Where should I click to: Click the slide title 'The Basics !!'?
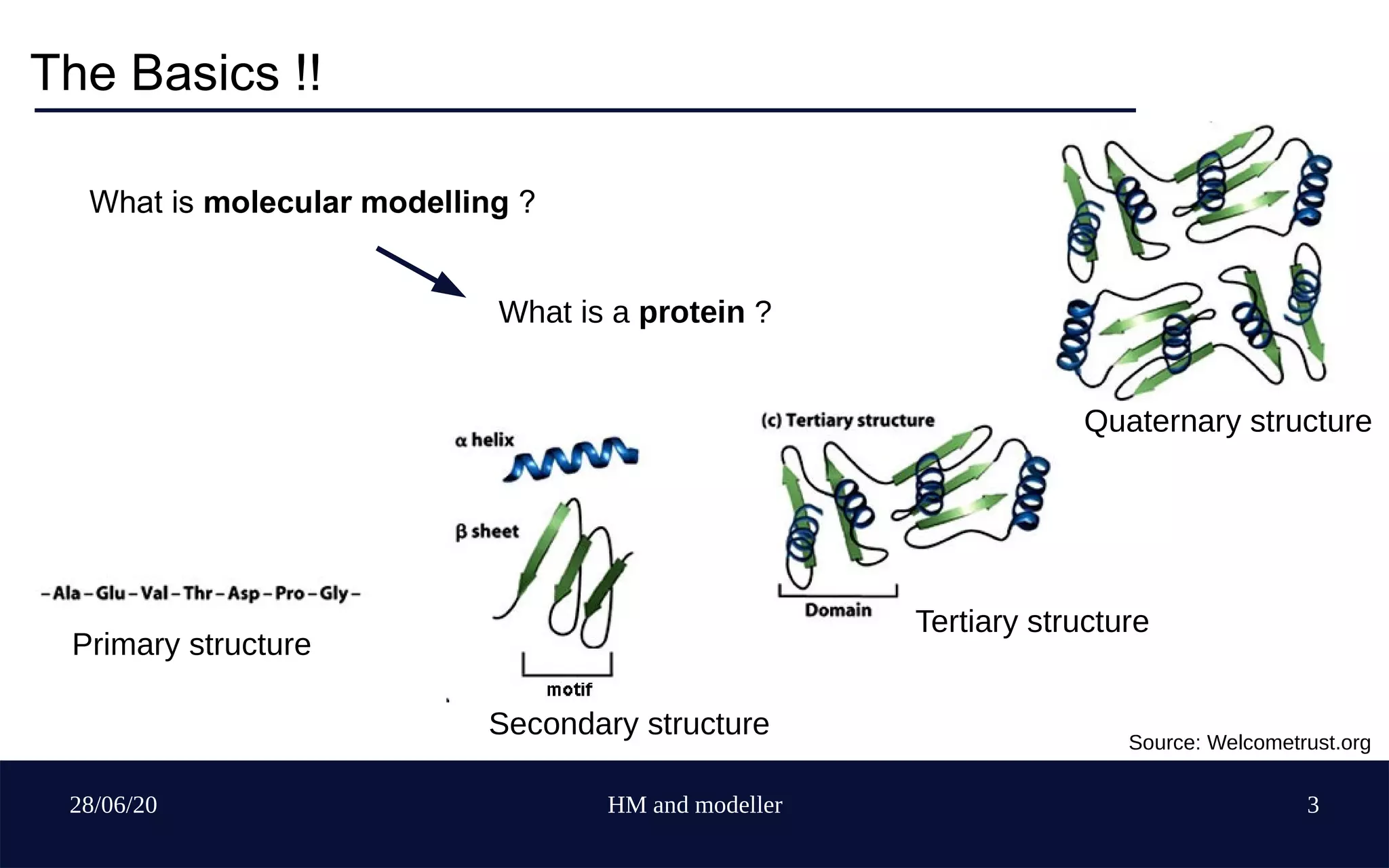click(175, 73)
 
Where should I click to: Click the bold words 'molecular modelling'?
click(355, 202)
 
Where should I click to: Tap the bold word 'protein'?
click(691, 313)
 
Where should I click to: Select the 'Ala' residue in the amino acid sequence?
click(66, 593)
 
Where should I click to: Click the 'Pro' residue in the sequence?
click(290, 593)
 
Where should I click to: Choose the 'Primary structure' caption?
click(191, 644)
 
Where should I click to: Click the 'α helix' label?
click(484, 440)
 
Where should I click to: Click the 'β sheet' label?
click(487, 531)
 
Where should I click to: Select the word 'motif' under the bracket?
click(569, 690)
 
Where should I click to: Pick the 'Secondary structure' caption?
click(629, 724)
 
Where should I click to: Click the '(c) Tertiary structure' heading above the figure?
click(848, 420)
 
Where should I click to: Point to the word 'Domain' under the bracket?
click(838, 610)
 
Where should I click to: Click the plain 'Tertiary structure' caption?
click(1032, 622)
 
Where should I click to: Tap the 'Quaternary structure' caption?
click(1227, 421)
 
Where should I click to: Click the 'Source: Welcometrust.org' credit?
click(1249, 743)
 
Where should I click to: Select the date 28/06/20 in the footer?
click(113, 805)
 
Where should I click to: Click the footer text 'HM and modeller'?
click(694, 805)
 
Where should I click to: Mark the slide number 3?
click(1312, 805)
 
